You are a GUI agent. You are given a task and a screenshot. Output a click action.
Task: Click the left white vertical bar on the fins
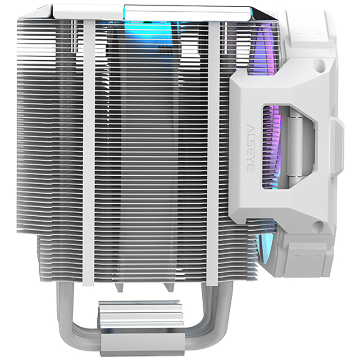[89, 149]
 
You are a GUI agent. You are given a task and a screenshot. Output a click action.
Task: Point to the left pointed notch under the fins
[118, 288]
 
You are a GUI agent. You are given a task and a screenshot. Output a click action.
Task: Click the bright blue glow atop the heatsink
[135, 27]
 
